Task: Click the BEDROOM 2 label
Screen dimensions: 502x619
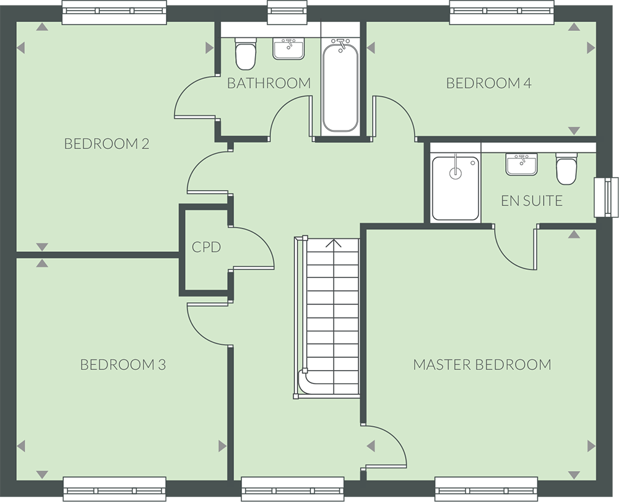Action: point(106,144)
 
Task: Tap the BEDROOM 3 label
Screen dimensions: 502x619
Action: point(123,365)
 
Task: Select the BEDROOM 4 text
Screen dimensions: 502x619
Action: point(488,83)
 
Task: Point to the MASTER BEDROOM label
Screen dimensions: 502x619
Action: point(482,365)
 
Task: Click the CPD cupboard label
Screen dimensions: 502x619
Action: point(206,248)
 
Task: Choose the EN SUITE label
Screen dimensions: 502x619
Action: point(531,201)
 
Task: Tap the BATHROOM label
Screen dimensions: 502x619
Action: point(268,83)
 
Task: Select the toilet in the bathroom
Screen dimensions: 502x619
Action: point(245,54)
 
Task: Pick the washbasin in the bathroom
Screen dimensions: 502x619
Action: point(288,48)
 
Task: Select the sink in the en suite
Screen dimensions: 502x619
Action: point(522,164)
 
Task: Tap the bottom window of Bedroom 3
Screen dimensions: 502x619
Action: point(115,488)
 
